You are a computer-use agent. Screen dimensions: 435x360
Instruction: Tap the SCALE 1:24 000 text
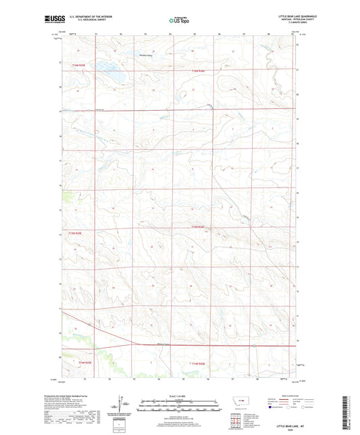point(180,396)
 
